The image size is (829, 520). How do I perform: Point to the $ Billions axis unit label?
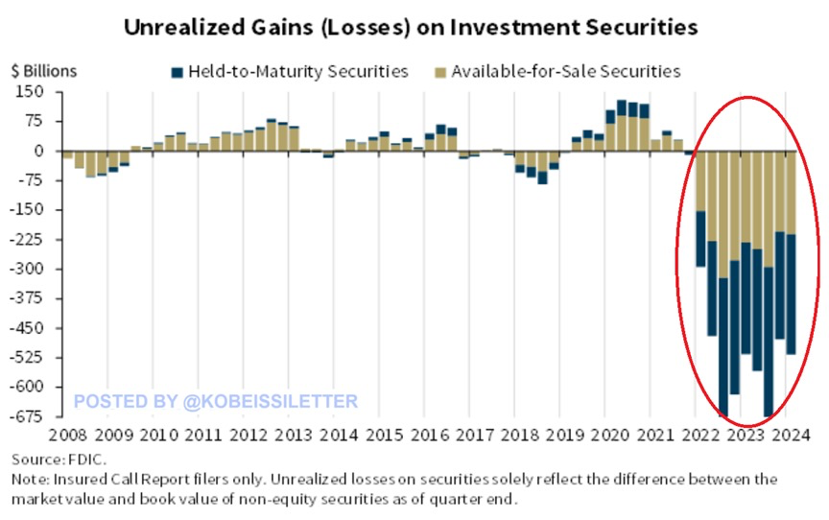(44, 71)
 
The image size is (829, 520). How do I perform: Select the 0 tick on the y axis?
(40, 151)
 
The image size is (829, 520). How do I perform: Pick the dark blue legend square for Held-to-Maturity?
(177, 72)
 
